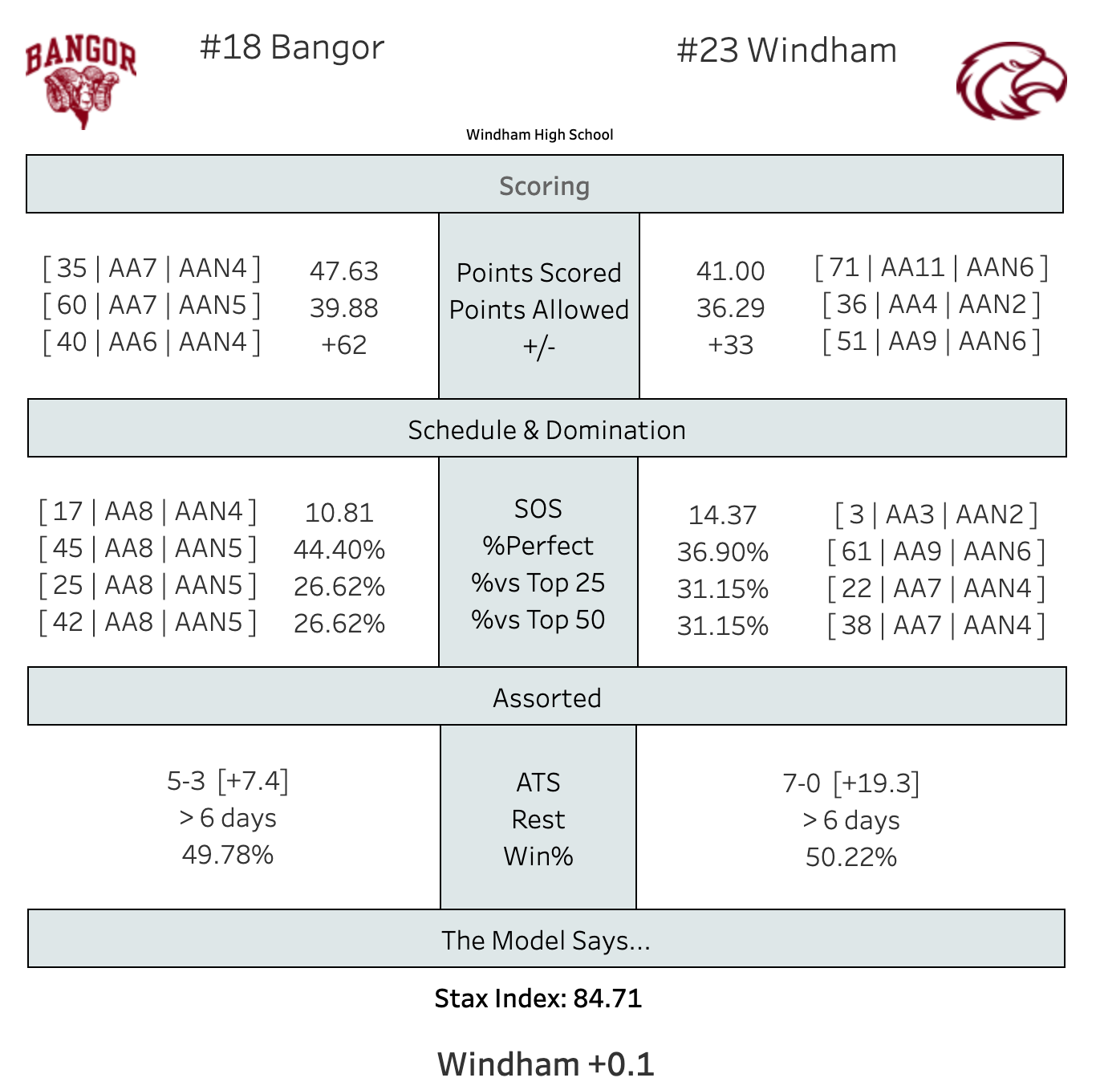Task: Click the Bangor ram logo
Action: tap(80, 81)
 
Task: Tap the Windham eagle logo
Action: tap(1011, 81)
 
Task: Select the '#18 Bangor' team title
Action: tap(292, 48)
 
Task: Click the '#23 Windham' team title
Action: tap(786, 51)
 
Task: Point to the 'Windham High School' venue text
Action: tap(539, 135)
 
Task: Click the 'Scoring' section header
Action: tap(544, 185)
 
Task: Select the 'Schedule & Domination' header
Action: tap(546, 429)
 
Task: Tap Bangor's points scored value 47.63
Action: tap(343, 271)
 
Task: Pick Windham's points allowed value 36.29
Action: tap(730, 308)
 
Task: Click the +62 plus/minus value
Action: tap(343, 345)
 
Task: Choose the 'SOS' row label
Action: tap(538, 509)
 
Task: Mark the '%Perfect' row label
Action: tap(538, 546)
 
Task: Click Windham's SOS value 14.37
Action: tap(722, 515)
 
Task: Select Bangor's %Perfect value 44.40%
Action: tap(339, 550)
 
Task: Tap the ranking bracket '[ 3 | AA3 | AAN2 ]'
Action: tap(936, 514)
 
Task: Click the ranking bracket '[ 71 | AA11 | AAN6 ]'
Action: tap(931, 267)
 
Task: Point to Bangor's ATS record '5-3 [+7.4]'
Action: tap(227, 781)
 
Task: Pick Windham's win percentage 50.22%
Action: tap(850, 857)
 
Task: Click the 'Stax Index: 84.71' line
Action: tap(538, 998)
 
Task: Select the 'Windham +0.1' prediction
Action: tap(546, 1064)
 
